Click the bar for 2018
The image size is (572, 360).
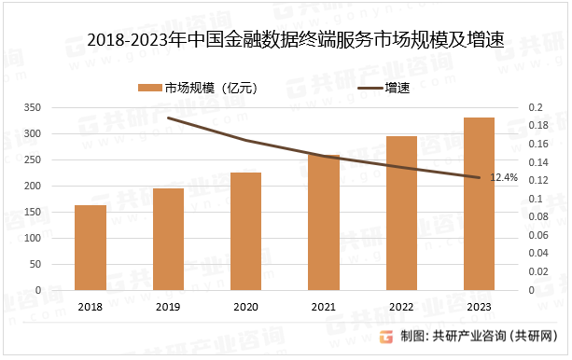pos(91,247)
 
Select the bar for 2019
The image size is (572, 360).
pos(168,239)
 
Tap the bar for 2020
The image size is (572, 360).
pos(245,230)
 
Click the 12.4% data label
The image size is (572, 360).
pos(504,177)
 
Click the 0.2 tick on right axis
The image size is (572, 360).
pos(535,108)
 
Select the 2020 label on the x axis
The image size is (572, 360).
pos(245,307)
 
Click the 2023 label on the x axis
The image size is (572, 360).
pos(479,307)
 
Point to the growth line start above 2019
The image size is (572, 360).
pos(168,118)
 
